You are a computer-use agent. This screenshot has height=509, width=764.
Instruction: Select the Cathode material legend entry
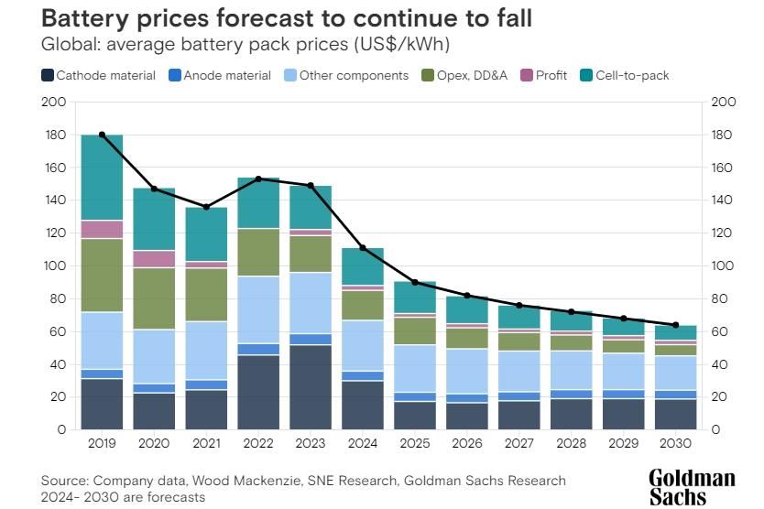pyautogui.click(x=99, y=75)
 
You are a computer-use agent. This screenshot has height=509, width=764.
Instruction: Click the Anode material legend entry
pyautogui.click(x=220, y=75)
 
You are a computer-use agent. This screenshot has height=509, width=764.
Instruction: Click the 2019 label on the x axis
pyautogui.click(x=102, y=443)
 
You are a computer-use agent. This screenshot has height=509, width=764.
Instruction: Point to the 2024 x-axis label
pyautogui.click(x=363, y=443)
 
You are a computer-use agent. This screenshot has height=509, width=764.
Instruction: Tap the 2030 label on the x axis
pyautogui.click(x=676, y=443)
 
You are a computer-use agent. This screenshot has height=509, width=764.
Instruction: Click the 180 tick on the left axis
pyautogui.click(x=54, y=135)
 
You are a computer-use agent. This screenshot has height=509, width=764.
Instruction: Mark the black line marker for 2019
pyautogui.click(x=102, y=135)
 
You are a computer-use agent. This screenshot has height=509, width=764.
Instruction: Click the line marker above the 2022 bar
pyautogui.click(x=258, y=179)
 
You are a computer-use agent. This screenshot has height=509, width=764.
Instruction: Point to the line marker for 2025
pyautogui.click(x=415, y=282)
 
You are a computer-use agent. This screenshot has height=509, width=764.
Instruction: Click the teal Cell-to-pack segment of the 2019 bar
pyautogui.click(x=102, y=178)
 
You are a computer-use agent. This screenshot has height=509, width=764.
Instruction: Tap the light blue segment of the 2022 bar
pyautogui.click(x=258, y=309)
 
